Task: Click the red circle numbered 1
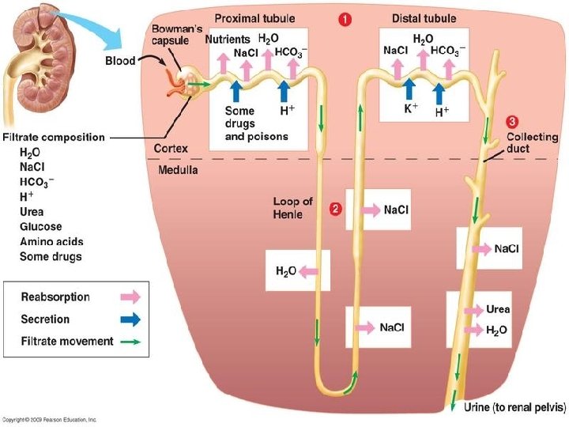345,20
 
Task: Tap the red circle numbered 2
335,209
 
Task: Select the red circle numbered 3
511,122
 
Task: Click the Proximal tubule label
254,18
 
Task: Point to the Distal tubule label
424,18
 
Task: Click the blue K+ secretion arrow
409,89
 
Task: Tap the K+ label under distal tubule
411,108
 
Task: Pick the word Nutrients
228,40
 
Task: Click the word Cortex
171,149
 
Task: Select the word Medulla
178,170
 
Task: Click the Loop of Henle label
292,208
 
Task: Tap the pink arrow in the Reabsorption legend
130,297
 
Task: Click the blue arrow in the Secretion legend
130,319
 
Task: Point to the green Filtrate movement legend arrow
130,342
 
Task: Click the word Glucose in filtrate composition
40,227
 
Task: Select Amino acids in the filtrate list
51,241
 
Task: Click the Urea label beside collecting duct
498,309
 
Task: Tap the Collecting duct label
533,142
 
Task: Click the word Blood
120,61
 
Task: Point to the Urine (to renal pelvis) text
515,407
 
